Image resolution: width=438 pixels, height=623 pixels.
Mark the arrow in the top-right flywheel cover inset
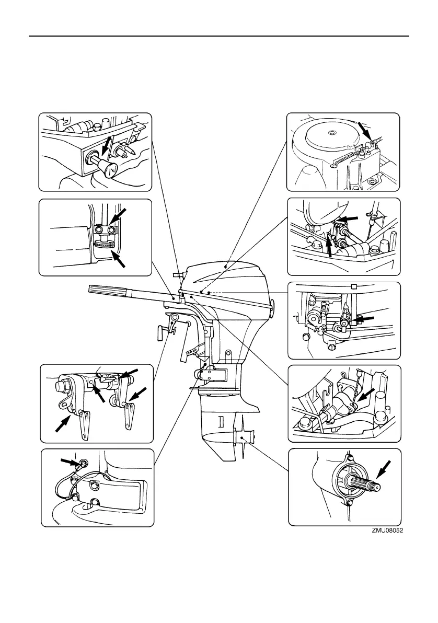(364, 130)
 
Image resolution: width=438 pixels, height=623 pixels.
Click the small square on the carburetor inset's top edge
(354, 286)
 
